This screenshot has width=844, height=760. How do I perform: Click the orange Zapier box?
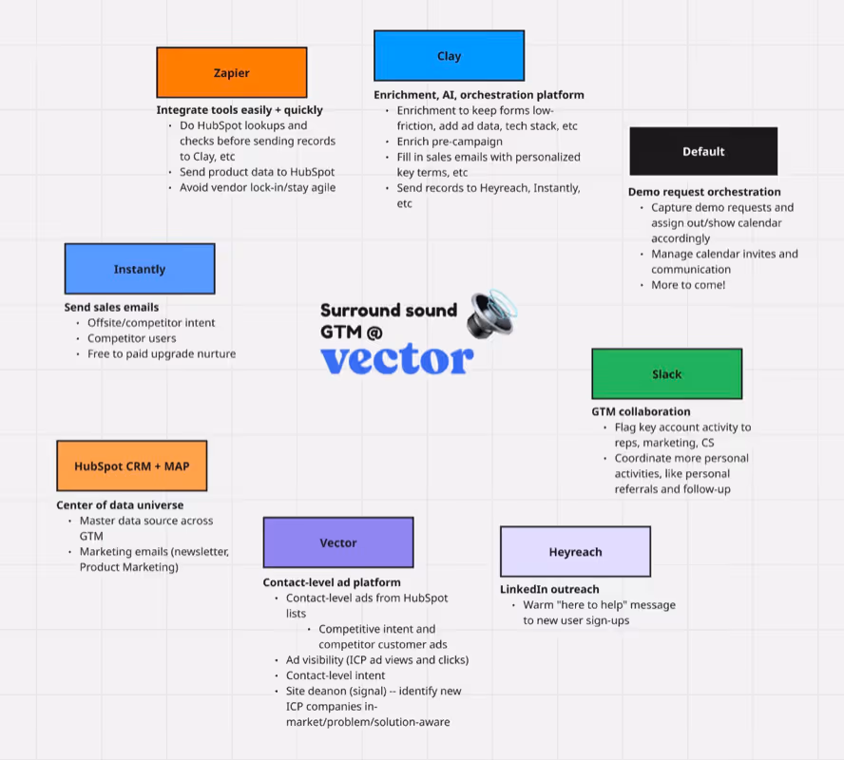[231, 72]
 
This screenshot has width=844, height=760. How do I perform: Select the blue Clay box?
[449, 56]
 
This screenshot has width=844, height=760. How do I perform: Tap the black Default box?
[703, 151]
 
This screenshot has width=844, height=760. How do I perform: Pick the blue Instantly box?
[140, 269]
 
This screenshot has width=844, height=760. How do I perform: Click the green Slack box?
[666, 373]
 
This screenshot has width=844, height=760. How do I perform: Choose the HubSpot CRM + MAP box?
[131, 465]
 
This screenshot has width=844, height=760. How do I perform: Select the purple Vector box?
[337, 542]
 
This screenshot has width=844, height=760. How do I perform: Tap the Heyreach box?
[575, 551]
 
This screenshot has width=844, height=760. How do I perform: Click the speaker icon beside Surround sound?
[491, 314]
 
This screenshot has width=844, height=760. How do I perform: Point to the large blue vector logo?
[396, 358]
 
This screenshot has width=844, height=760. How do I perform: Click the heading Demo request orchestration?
[704, 192]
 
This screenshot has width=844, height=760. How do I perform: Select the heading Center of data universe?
[120, 505]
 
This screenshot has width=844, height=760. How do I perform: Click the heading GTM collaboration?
[641, 412]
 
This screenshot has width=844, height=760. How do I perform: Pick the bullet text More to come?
[687, 285]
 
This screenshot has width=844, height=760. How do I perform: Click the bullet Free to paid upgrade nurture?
[162, 354]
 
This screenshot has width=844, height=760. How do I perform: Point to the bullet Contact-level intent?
[336, 675]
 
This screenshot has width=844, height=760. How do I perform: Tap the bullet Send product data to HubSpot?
[257, 172]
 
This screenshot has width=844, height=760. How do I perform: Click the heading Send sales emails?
[111, 308]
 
